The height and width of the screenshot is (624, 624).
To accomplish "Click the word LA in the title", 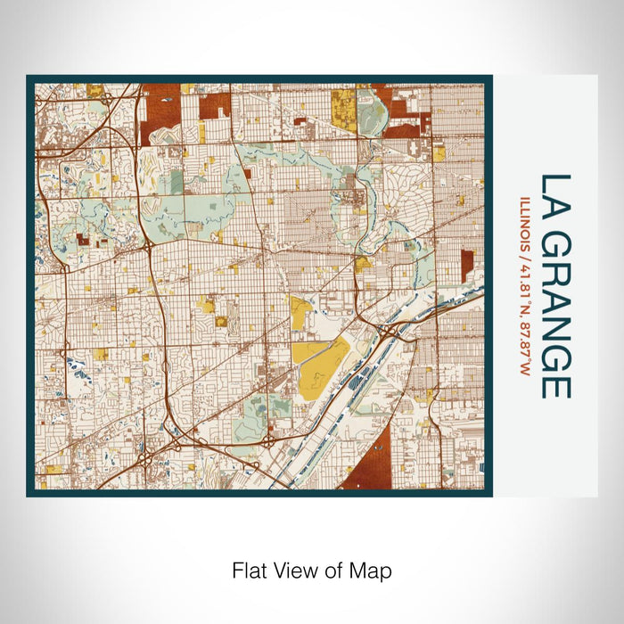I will [x=554, y=195].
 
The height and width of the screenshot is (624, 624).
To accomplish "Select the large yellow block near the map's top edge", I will [x=343, y=111].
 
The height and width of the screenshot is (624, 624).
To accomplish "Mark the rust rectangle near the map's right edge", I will [x=466, y=266].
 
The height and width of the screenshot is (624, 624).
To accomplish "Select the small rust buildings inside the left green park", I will [x=84, y=239].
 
